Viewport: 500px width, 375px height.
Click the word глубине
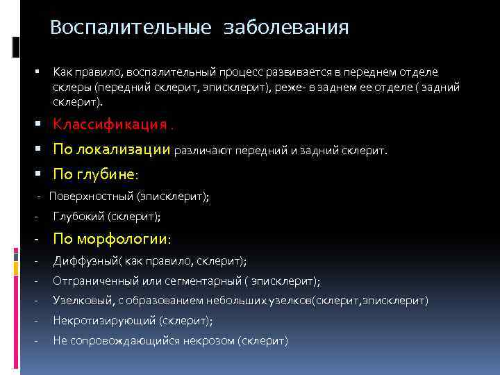[120, 173]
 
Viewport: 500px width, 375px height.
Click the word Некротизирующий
[104, 320]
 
